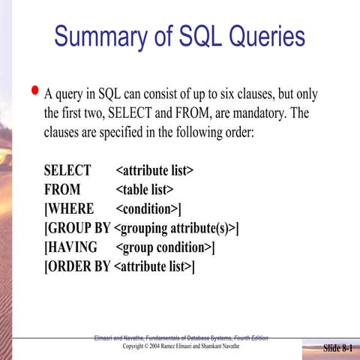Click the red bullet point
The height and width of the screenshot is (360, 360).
(34, 92)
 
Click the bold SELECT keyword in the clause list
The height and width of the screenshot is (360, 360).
(67, 170)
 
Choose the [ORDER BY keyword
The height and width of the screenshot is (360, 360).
(77, 266)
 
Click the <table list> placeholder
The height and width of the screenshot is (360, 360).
(145, 189)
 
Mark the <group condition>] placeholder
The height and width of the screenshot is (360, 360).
(166, 247)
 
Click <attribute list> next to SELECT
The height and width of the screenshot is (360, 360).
(154, 170)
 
